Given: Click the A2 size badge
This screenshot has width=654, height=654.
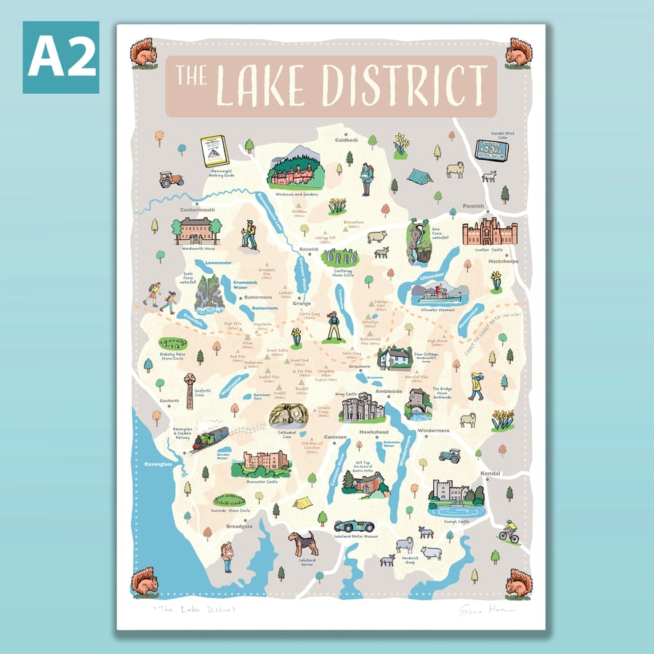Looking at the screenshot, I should tap(60, 57).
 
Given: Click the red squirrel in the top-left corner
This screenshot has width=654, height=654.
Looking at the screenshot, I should tap(142, 53).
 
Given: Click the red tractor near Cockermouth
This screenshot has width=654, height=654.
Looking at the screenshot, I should tap(171, 179).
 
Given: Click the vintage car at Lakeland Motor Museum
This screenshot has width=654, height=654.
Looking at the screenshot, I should tap(354, 525).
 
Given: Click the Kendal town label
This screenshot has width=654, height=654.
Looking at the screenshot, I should tap(491, 474).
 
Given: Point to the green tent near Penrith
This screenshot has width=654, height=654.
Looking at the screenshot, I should tap(419, 176).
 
